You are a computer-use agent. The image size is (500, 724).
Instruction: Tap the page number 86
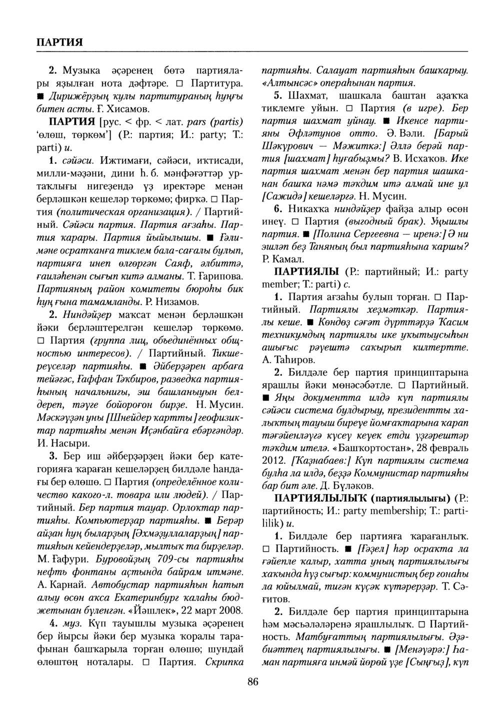pos(252,682)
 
